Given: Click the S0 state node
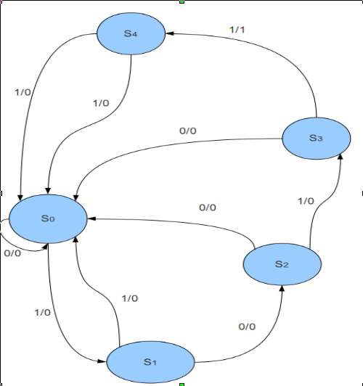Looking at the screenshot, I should pos(48,218).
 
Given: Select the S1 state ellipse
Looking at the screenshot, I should pos(150,361).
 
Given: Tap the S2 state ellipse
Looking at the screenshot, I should pos(281,264).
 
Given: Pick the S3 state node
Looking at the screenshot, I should pos(314,138).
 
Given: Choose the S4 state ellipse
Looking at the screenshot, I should pos(131,34).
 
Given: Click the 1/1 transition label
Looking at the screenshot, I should pos(238,29).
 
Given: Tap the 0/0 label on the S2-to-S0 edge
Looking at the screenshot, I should pos(208,208).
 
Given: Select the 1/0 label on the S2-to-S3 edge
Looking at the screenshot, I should pos(306,201).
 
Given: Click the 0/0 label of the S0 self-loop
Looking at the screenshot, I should pos(12,254).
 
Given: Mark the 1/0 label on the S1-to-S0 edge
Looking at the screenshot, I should pos(129,298).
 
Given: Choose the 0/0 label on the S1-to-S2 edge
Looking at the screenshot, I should pos(247,327).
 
